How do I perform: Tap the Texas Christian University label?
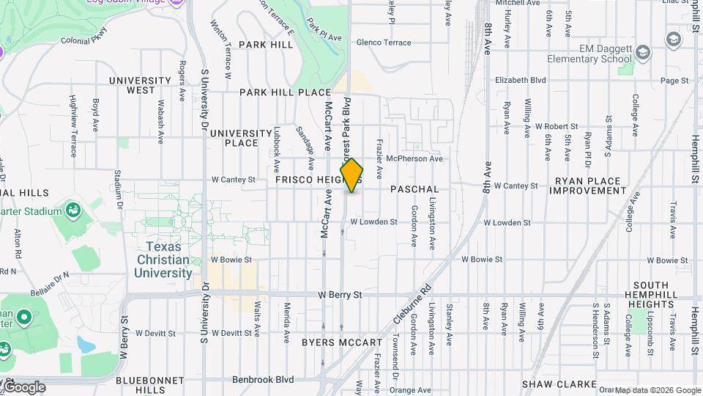pyautogui.click(x=163, y=260)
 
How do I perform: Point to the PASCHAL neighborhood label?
pyautogui.click(x=414, y=189)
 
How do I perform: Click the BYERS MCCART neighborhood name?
pyautogui.click(x=342, y=342)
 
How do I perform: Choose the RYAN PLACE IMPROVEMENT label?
pyautogui.click(x=588, y=186)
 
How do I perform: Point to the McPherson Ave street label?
pyautogui.click(x=414, y=158)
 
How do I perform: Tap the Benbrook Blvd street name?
pyautogui.click(x=263, y=379)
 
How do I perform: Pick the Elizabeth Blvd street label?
pyautogui.click(x=521, y=80)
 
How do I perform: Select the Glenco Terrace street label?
pyautogui.click(x=384, y=43)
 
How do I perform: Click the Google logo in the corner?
pyautogui.click(x=24, y=387)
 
